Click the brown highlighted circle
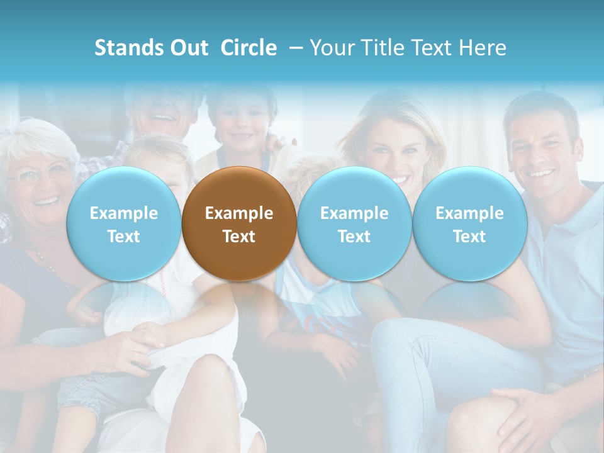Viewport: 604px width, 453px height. click(238, 224)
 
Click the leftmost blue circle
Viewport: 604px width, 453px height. click(123, 224)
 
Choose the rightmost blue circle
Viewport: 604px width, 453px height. click(469, 224)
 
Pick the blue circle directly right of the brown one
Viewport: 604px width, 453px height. click(354, 224)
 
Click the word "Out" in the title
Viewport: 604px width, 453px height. click(188, 48)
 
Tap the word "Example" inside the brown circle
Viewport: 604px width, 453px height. click(239, 213)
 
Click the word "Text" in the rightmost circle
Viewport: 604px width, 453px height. click(469, 237)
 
